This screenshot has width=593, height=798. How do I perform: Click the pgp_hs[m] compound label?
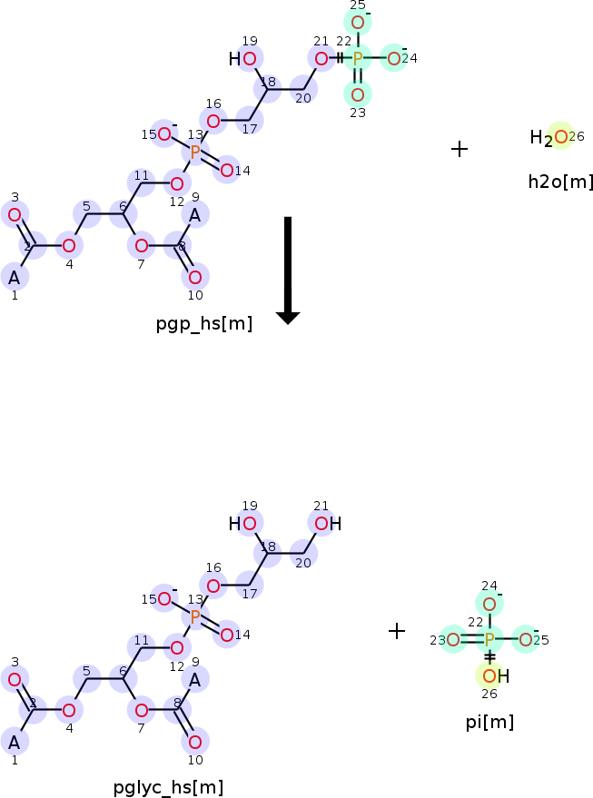pos(204,324)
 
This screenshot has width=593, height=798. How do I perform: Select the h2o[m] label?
pos(560,182)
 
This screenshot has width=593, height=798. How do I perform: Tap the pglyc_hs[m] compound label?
pos(169,787)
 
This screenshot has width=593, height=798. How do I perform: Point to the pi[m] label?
pos(489,722)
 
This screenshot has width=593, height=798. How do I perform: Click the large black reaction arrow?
pos(288,271)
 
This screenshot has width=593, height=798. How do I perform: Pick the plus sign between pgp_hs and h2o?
pos(460,149)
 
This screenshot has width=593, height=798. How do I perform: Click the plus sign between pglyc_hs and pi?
pos(397,631)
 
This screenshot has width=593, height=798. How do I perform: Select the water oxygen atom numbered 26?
pos(561,136)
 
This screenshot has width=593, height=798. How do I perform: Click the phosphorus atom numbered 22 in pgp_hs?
pos(357,58)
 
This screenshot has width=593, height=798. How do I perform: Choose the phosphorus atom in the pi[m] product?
pos(489,639)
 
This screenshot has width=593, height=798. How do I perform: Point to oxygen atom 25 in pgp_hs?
pos(357,23)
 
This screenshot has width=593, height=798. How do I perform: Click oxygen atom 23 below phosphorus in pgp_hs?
pos(357,94)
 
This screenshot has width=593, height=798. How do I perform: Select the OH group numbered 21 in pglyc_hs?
pos(328,523)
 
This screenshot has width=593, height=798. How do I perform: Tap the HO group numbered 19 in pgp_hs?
pos(242,59)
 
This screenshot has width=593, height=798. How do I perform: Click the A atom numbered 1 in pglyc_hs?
pos(15,743)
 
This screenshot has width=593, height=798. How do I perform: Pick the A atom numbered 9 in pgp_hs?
pos(195,216)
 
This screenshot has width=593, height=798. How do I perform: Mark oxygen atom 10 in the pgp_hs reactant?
pos(195,278)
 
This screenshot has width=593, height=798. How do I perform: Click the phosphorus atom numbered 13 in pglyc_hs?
pos(195,617)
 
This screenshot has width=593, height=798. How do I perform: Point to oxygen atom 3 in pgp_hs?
pos(15,215)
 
